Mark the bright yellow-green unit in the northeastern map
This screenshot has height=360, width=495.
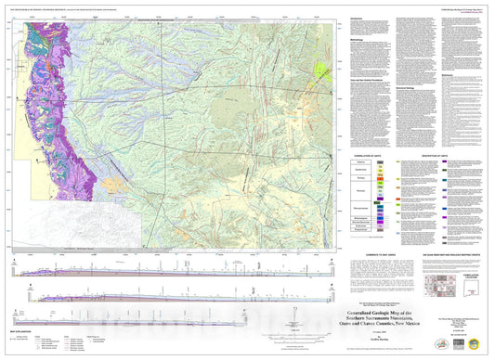click(x=322, y=69)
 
